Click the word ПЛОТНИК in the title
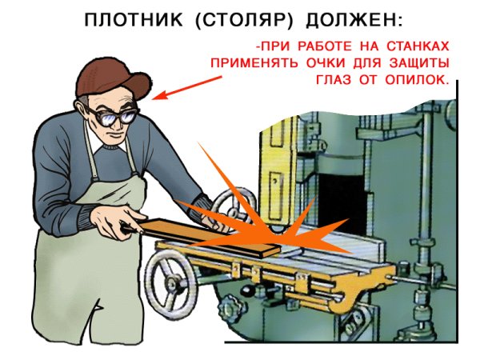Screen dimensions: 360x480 point(132,19)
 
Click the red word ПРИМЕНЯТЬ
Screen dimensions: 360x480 point(250,62)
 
